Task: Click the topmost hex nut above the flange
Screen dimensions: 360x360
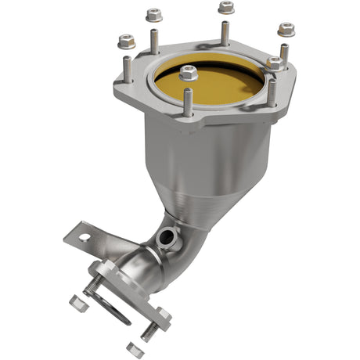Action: tap(226, 8)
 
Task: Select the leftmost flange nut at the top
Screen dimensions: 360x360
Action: tap(124, 41)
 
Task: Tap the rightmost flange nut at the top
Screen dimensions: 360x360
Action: tap(286, 30)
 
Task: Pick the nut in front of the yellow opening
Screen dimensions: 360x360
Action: tap(188, 73)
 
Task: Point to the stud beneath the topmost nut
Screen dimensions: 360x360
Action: tap(225, 33)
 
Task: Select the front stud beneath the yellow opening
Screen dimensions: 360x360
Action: tap(188, 100)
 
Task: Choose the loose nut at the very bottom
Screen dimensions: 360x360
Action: tap(134, 349)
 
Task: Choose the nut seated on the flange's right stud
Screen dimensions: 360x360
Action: tap(275, 63)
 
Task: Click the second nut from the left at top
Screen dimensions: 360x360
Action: tap(154, 15)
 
